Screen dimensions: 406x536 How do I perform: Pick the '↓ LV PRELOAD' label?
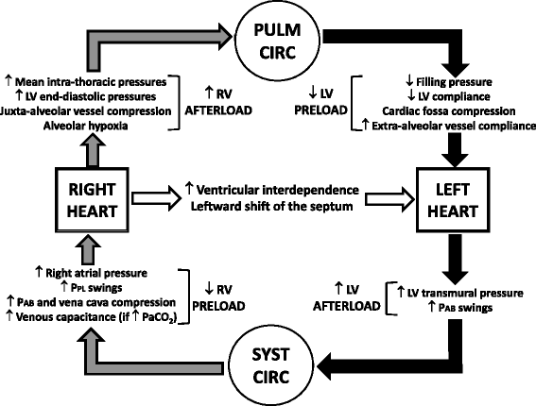tap(321, 103)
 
